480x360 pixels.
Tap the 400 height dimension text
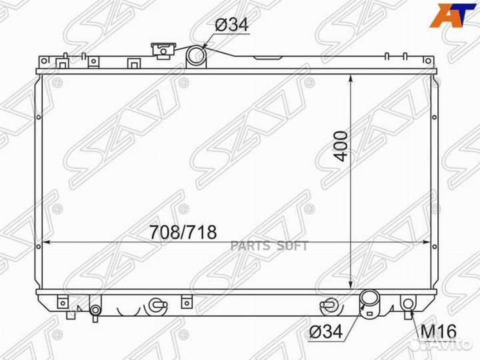[341, 146]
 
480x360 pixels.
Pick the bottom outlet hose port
[369, 302]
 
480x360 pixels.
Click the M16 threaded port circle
[407, 306]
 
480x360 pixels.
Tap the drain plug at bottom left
[96, 311]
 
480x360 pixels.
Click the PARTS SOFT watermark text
[269, 245]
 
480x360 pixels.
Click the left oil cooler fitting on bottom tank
[157, 305]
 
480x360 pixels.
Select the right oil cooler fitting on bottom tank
[328, 305]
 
